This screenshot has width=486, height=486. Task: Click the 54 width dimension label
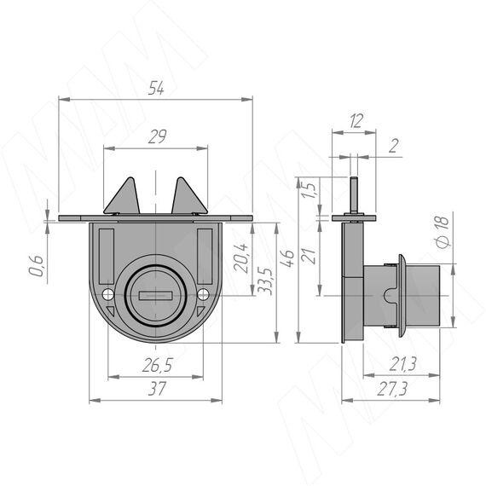click(156, 88)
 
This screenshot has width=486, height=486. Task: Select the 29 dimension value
click(157, 136)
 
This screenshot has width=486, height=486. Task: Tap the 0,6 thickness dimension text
click(36, 266)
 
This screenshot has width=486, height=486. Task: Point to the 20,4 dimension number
click(241, 257)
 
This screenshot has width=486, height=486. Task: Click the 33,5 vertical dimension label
click(265, 281)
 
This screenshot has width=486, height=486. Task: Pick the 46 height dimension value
click(287, 257)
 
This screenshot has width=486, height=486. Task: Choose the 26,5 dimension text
click(158, 365)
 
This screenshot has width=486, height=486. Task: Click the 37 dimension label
click(157, 389)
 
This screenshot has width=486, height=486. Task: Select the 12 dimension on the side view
click(356, 121)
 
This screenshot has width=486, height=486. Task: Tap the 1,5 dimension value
click(309, 189)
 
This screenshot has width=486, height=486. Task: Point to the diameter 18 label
click(443, 232)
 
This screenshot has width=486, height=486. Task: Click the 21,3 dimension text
click(402, 364)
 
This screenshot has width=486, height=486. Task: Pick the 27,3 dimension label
click(391, 389)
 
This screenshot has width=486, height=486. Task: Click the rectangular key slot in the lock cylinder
click(155, 296)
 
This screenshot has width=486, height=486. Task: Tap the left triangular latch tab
click(122, 196)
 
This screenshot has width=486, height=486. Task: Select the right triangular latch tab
click(189, 196)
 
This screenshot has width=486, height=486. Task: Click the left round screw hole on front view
click(108, 294)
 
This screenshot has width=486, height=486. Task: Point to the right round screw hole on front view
click(203, 294)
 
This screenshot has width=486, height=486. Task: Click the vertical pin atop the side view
click(354, 194)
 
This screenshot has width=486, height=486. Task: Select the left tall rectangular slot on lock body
click(107, 257)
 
